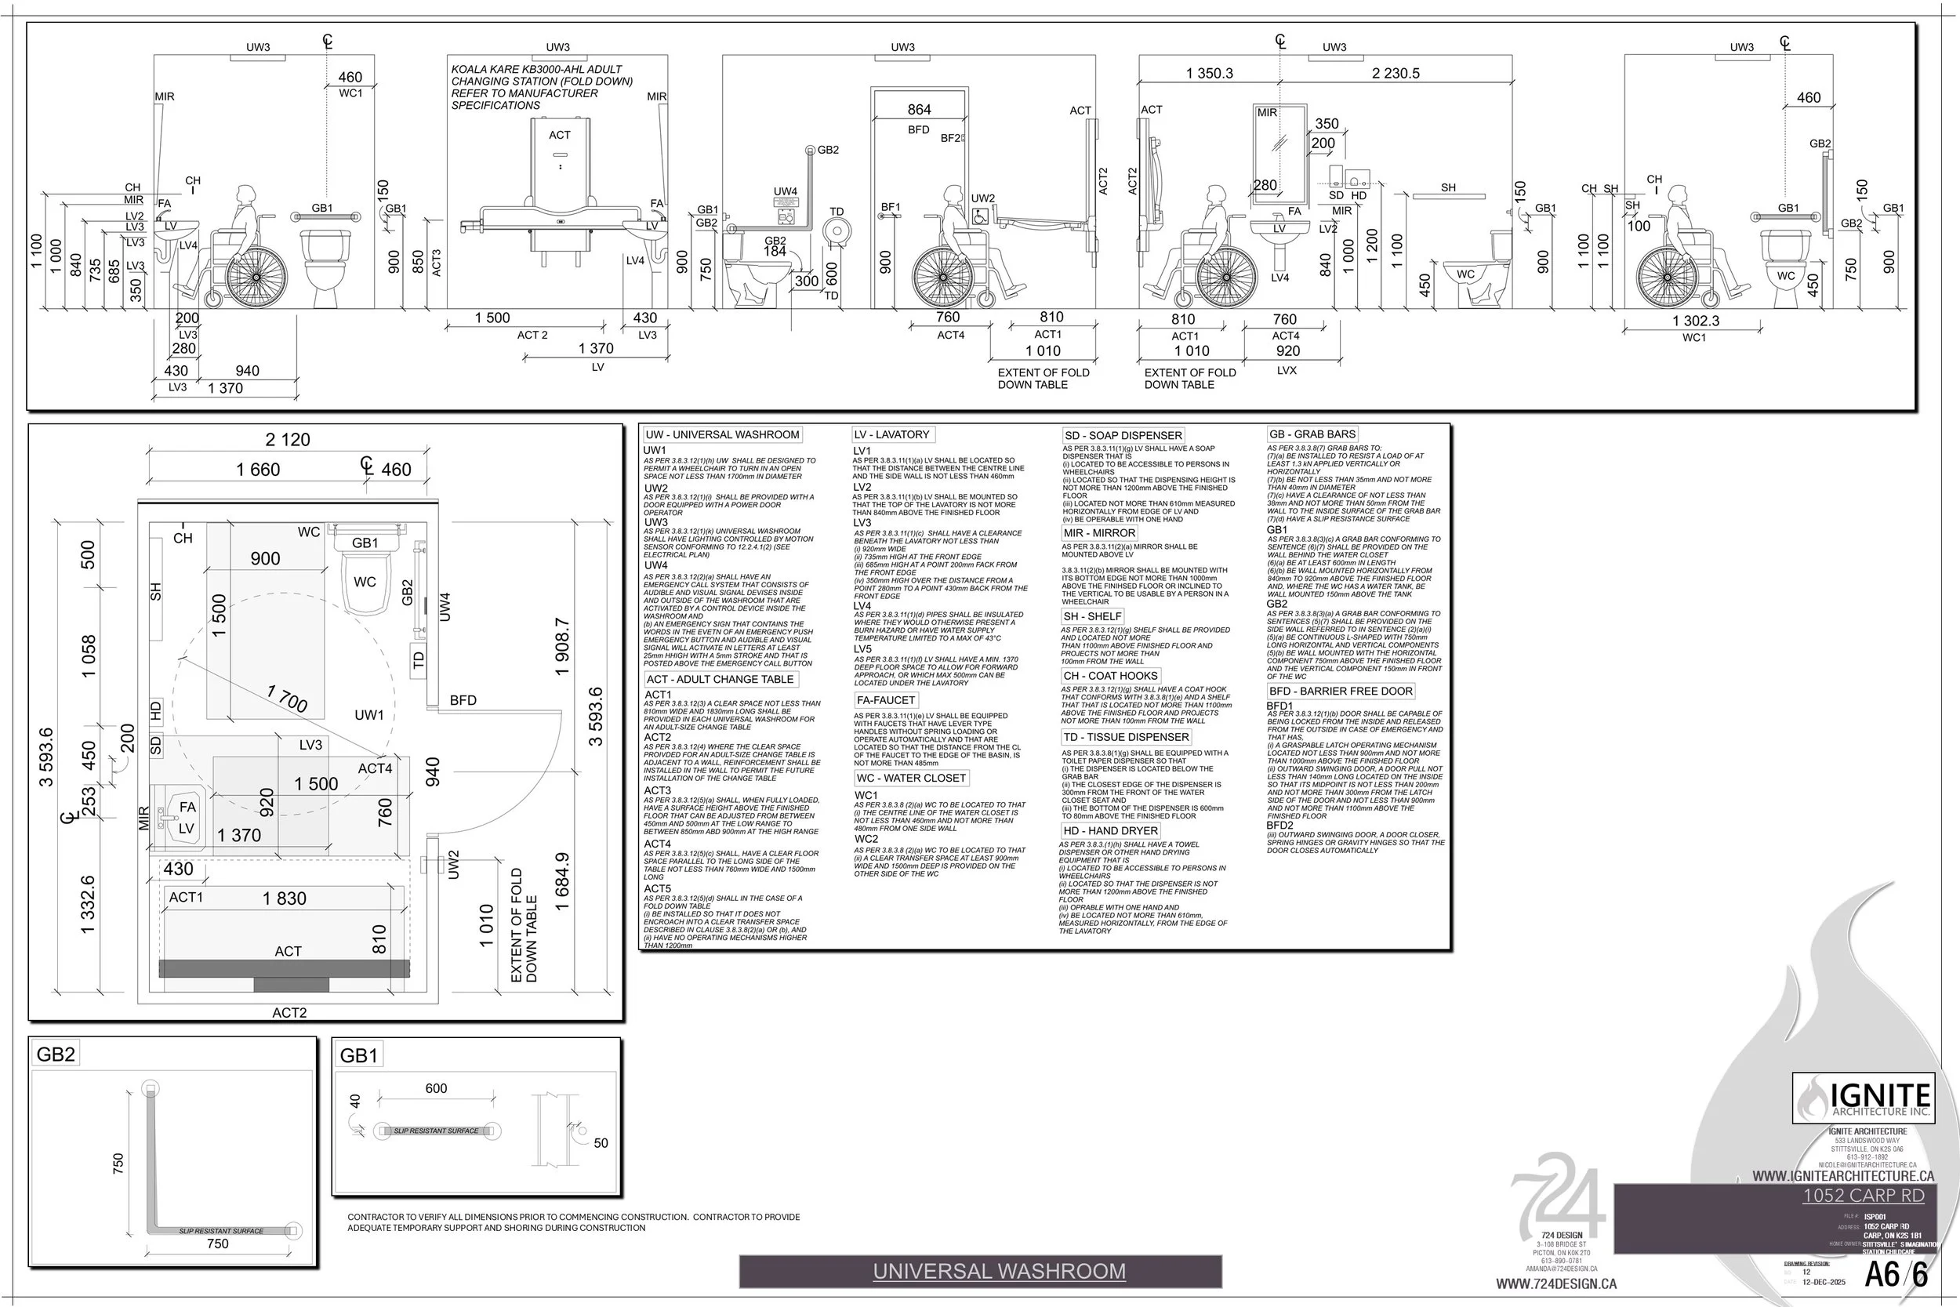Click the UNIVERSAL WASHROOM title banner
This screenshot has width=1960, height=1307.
pyautogui.click(x=998, y=1271)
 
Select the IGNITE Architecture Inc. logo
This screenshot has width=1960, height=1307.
pyautogui.click(x=1864, y=1098)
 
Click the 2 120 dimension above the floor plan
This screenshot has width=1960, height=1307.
pyautogui.click(x=288, y=439)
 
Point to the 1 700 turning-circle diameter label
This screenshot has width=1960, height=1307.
pyautogui.click(x=288, y=699)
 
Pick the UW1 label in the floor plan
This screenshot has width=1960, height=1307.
pyautogui.click(x=369, y=714)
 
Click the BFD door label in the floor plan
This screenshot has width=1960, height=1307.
pyautogui.click(x=463, y=700)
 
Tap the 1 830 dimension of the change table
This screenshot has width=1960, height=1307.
pyautogui.click(x=284, y=898)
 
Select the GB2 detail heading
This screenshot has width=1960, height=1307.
pyautogui.click(x=56, y=1055)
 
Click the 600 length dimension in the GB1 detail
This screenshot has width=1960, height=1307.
pyautogui.click(x=436, y=1087)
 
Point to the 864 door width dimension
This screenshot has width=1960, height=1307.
pyautogui.click(x=919, y=109)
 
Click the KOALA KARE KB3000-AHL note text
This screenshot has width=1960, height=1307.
pyautogui.click(x=542, y=87)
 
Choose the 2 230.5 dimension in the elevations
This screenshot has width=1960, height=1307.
pyautogui.click(x=1396, y=74)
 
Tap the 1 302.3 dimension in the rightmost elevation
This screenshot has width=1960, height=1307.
pyautogui.click(x=1695, y=320)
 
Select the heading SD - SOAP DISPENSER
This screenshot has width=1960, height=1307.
pyautogui.click(x=1123, y=435)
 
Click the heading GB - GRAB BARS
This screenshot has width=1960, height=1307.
pyautogui.click(x=1312, y=434)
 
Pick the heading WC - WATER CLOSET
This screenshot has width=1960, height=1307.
pyautogui.click(x=911, y=778)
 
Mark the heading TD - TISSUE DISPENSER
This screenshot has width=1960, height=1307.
pyautogui.click(x=1126, y=737)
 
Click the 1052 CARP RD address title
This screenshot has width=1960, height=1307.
pyautogui.click(x=1864, y=1196)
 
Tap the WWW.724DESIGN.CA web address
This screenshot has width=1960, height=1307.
pyautogui.click(x=1555, y=1284)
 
